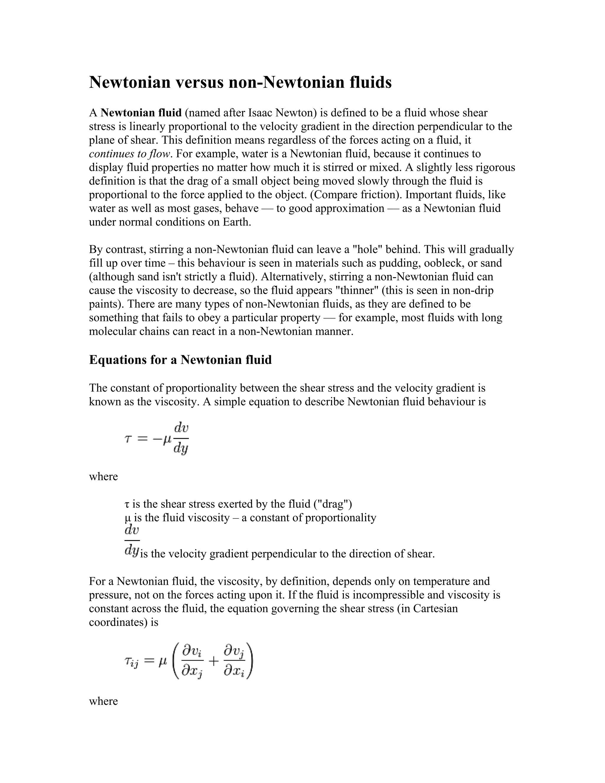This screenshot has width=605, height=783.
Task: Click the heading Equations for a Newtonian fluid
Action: point(180,360)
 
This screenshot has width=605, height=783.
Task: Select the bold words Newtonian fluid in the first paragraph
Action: point(141,113)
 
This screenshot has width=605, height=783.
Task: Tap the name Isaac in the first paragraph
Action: point(259,113)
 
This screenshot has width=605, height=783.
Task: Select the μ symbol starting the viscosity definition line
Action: point(128,518)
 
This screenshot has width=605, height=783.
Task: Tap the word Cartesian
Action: point(435,608)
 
